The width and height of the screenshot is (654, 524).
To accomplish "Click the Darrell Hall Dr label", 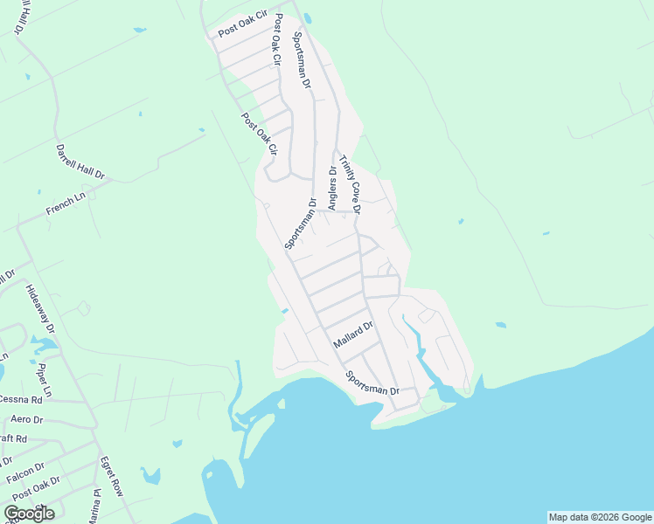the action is pos(80,162).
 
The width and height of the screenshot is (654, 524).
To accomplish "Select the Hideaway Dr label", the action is pos(39,309).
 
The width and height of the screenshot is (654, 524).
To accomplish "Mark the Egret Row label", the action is pos(111,476).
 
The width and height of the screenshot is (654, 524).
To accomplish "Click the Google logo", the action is pos(29,513).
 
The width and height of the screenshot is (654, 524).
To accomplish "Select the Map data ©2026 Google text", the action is pos(600,517).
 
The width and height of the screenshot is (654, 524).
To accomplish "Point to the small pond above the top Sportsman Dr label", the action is pos(307,17).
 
